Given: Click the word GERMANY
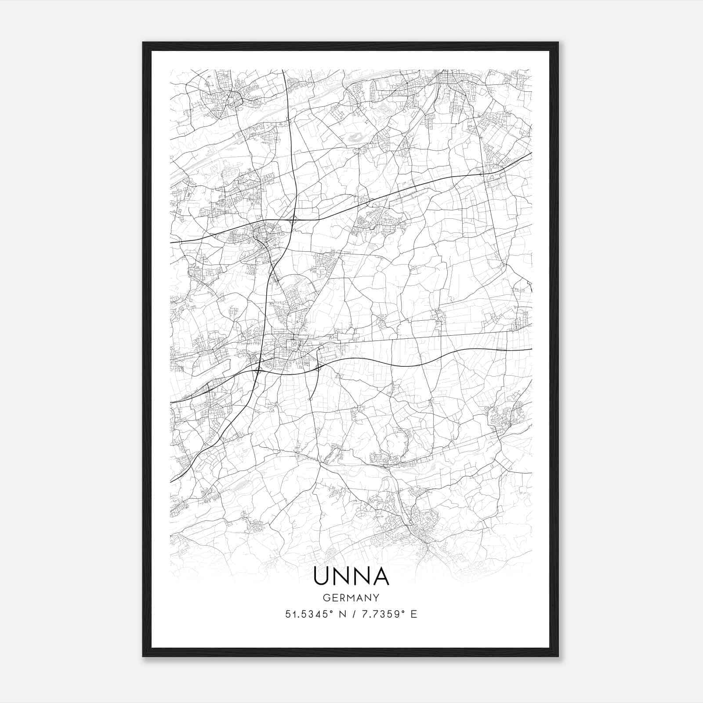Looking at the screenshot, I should click(x=351, y=598).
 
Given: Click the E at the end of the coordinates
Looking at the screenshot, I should click(x=413, y=614).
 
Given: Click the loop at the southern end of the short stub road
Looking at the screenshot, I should click(x=310, y=399).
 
